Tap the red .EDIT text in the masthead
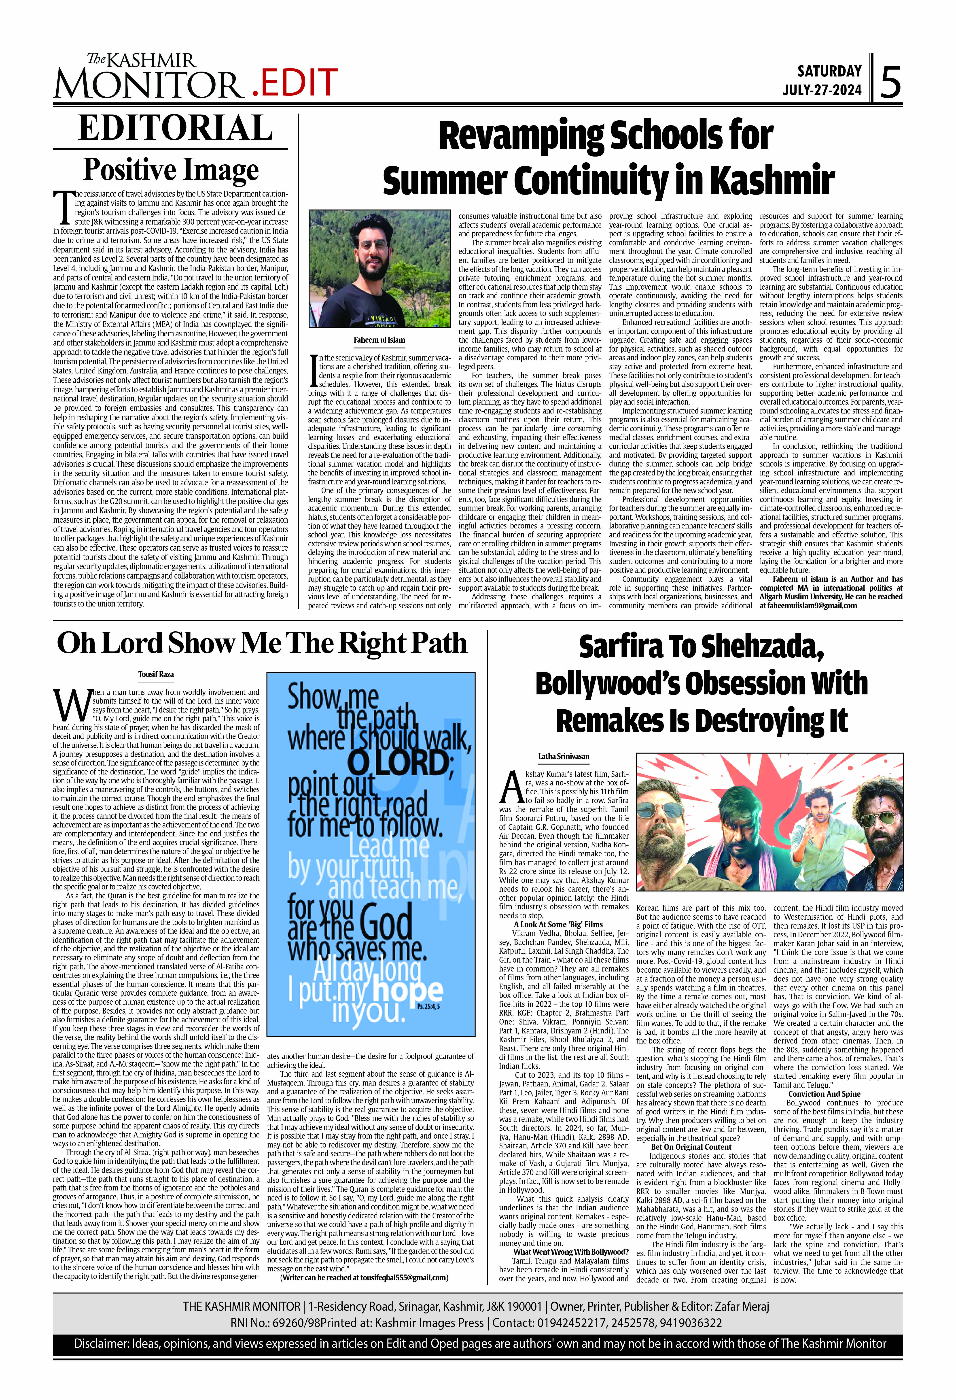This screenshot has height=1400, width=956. point(294,83)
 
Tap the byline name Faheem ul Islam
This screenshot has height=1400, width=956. point(379,340)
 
